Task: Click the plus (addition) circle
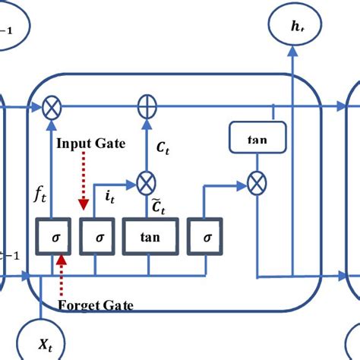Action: point(145,107)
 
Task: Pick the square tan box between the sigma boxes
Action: point(150,236)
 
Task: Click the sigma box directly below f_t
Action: point(54,236)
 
